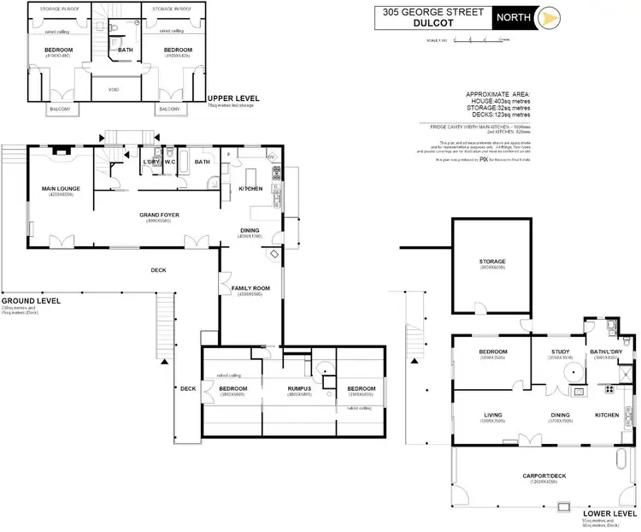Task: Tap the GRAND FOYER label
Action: (159, 216)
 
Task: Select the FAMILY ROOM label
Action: (250, 288)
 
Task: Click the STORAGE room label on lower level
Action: (492, 261)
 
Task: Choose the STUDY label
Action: (562, 352)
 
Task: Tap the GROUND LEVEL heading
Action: (30, 301)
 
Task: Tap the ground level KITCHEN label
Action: (250, 188)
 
